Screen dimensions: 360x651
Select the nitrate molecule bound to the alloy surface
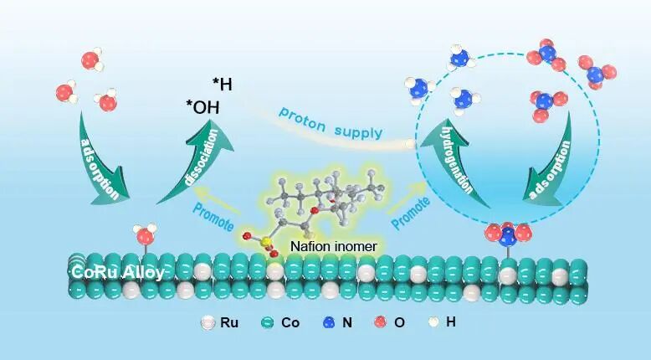tap(507, 234)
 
